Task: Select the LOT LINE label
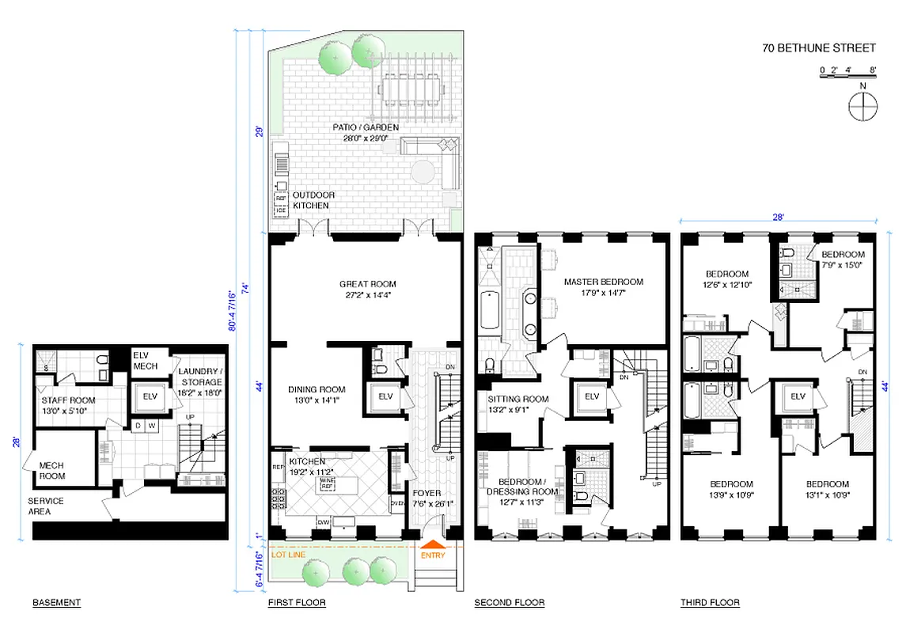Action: click(x=288, y=555)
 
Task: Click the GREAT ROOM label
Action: click(x=367, y=284)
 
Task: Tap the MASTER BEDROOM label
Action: click(x=603, y=282)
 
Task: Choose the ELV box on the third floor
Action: click(x=798, y=396)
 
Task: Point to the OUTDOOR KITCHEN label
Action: click(x=313, y=200)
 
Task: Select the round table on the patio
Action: click(x=421, y=172)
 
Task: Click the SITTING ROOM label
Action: click(x=517, y=400)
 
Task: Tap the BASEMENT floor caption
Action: click(x=56, y=603)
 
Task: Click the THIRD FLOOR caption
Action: click(x=710, y=603)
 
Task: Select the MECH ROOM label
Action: click(x=52, y=471)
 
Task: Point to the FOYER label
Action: click(x=428, y=493)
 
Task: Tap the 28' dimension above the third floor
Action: click(x=779, y=214)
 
